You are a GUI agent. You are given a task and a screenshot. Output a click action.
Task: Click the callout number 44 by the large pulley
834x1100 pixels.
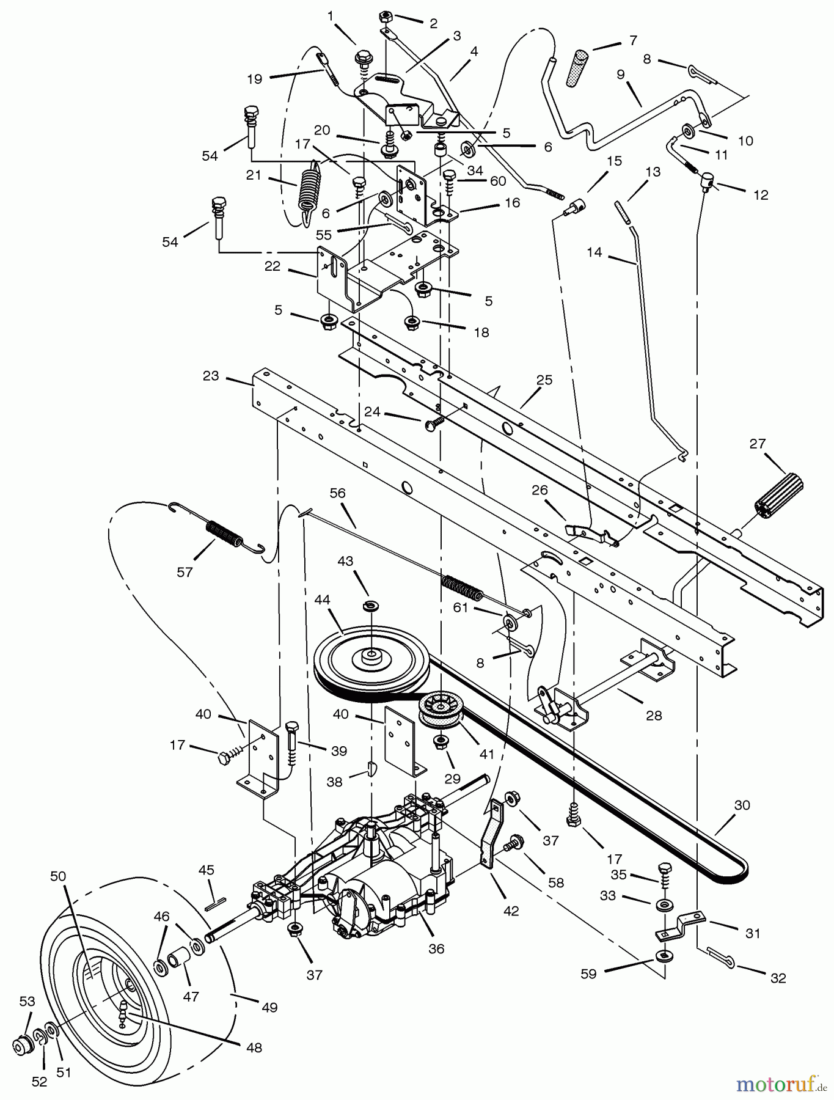[323, 600]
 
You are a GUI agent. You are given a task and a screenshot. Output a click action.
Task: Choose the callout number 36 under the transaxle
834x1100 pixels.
[436, 948]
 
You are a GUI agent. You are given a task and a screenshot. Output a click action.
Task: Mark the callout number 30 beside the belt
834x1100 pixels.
[742, 805]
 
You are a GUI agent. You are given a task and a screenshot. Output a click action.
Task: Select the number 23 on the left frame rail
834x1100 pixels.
[211, 376]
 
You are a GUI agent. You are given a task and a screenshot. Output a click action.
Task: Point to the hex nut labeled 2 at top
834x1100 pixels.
[386, 16]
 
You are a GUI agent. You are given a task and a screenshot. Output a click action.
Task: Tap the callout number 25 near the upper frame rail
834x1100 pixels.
[544, 380]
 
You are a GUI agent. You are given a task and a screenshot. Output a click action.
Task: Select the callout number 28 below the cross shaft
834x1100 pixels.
[653, 715]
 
